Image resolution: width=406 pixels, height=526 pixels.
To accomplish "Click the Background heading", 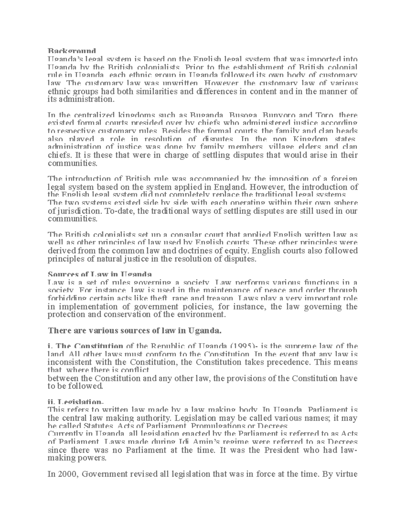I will [x=70, y=51].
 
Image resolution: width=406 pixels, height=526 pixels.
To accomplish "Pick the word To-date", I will [x=117, y=211].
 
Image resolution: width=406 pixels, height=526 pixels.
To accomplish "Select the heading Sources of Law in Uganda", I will [x=100, y=274].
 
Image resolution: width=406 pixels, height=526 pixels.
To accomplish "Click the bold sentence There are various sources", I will [x=135, y=330].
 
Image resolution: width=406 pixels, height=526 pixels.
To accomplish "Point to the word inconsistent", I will [x=69, y=362].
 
